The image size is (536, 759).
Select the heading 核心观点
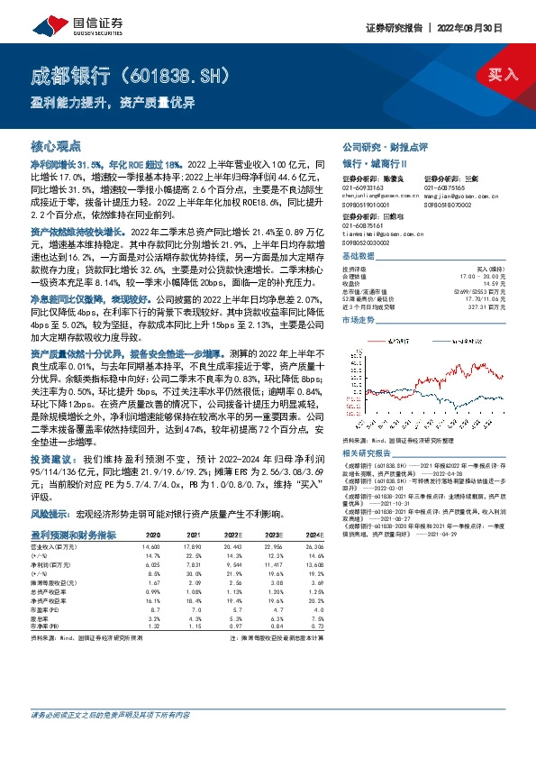pos(56,145)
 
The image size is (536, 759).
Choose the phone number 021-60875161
pos(364,226)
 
